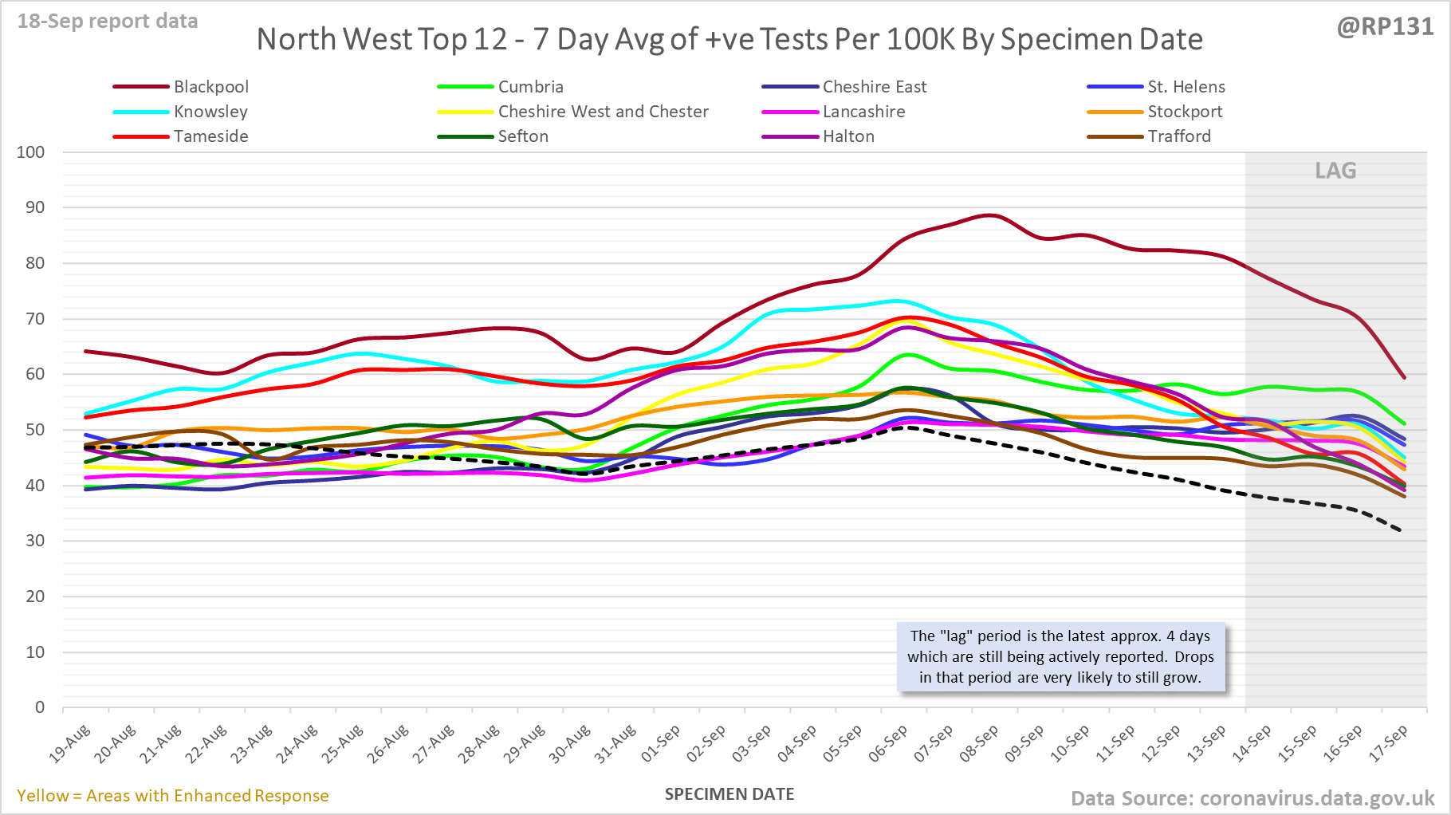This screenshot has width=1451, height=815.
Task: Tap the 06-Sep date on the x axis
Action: [x=888, y=744]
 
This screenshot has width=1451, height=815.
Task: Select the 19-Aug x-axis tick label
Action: [x=70, y=744]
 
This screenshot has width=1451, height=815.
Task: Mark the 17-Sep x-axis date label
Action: [x=1389, y=744]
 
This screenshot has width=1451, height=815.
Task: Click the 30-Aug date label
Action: [x=570, y=744]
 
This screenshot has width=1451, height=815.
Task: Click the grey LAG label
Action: [x=1335, y=171]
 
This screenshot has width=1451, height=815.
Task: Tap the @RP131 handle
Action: [x=1385, y=27]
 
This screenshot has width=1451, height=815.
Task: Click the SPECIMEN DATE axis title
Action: [x=729, y=794]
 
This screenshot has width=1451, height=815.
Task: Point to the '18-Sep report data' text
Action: [x=108, y=22]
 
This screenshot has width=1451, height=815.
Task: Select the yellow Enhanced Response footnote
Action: [x=173, y=796]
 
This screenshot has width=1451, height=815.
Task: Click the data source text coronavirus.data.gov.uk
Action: [x=1252, y=798]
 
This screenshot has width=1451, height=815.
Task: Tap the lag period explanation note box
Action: [x=1060, y=656]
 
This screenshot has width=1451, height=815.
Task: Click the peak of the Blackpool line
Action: [x=989, y=215]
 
